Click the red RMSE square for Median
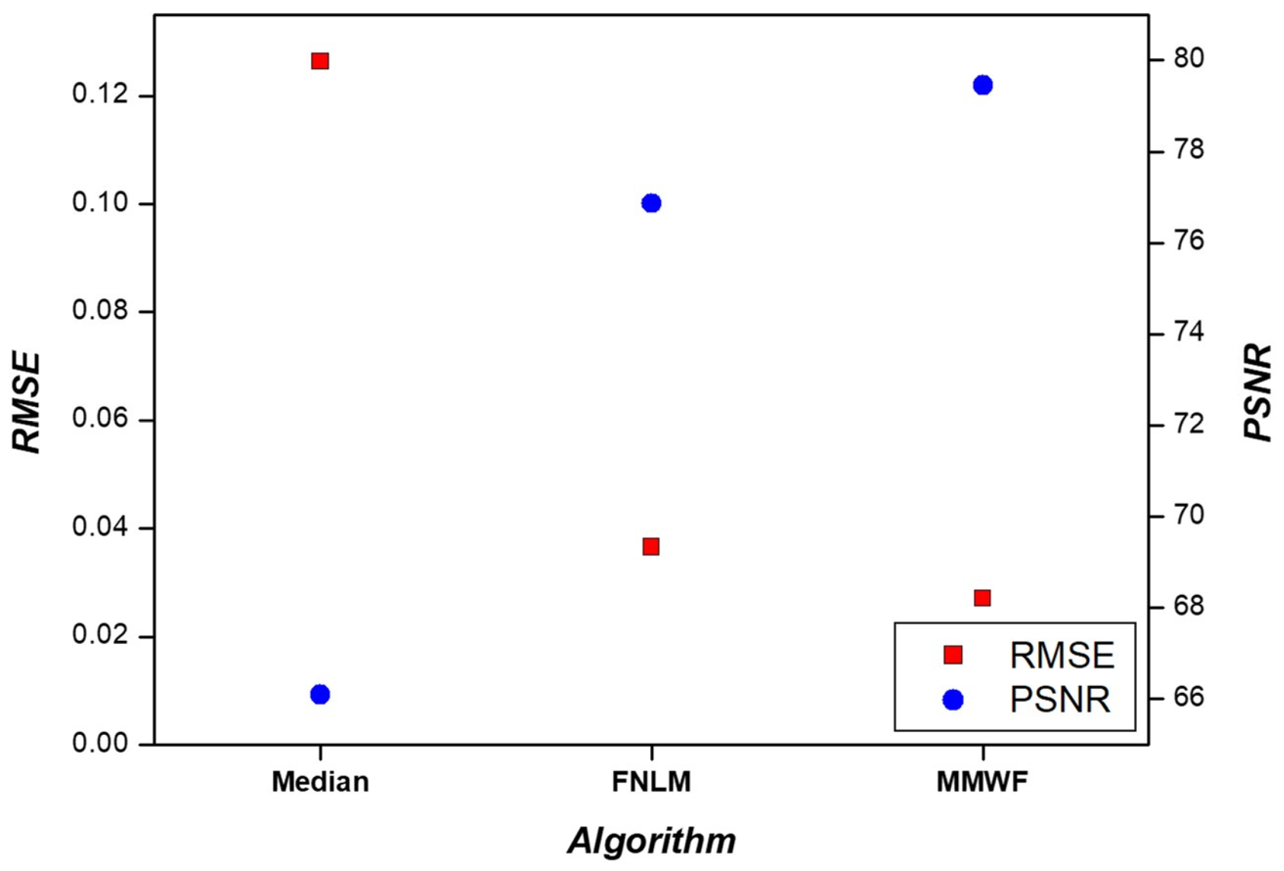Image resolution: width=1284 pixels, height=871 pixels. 320,61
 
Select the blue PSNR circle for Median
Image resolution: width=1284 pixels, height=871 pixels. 320,695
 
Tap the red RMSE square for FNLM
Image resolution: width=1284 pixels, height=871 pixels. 651,546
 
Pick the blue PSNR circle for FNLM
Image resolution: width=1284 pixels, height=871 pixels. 651,203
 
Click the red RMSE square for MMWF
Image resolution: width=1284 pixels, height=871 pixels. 982,598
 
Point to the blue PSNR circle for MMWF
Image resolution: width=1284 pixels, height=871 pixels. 982,85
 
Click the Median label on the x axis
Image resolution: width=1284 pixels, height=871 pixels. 320,782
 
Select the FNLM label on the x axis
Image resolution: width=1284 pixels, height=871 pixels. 651,782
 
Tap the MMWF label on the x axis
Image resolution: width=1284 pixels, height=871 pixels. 982,782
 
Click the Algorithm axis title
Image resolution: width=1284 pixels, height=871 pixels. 651,841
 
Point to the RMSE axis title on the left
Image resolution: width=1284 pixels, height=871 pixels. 27,403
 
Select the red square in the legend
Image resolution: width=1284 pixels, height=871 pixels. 953,655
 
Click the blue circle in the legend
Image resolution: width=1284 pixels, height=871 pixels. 953,700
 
